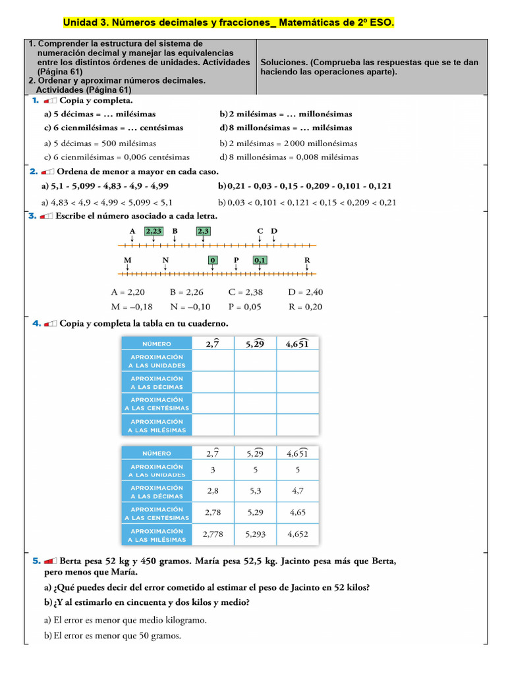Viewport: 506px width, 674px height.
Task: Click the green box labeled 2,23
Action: point(154,231)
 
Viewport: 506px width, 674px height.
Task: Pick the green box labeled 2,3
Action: point(203,231)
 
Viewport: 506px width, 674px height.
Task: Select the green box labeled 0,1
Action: point(260,260)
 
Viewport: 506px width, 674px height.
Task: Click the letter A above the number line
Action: point(132,231)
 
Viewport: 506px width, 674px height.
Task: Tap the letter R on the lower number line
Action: point(307,260)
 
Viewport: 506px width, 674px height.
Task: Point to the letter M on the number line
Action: point(128,260)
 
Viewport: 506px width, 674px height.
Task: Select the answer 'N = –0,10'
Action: point(190,306)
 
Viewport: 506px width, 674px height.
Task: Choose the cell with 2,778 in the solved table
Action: point(213,534)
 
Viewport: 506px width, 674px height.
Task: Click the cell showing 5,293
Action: point(255,534)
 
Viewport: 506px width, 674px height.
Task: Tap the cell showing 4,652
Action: point(297,534)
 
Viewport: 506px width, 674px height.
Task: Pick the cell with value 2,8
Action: point(213,491)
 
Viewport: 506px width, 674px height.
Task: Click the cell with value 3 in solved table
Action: point(213,470)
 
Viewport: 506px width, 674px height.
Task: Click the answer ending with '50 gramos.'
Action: point(112,635)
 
